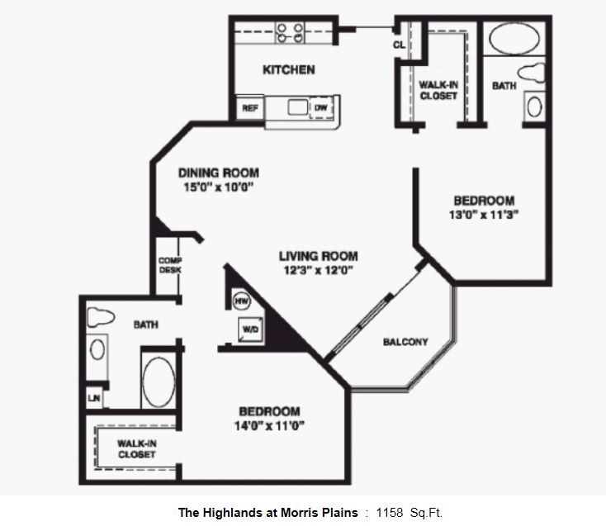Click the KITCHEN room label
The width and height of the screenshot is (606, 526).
(288, 70)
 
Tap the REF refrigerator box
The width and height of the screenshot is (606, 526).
(249, 108)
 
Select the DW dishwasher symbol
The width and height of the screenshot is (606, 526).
(320, 108)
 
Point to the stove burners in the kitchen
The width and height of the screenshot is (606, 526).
(290, 32)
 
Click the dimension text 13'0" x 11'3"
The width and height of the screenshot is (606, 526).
(484, 215)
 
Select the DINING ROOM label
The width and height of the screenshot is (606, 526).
(219, 173)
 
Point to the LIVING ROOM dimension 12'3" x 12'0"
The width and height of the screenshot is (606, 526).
(317, 269)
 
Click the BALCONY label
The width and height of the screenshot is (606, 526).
(405, 342)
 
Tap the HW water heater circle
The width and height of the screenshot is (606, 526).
(242, 301)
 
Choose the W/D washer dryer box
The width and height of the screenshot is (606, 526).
(249, 329)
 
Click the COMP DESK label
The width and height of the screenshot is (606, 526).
(170, 265)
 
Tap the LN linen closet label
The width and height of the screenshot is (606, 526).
(93, 398)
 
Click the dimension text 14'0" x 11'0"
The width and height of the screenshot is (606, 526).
(269, 426)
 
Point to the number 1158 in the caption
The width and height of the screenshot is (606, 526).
(389, 513)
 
